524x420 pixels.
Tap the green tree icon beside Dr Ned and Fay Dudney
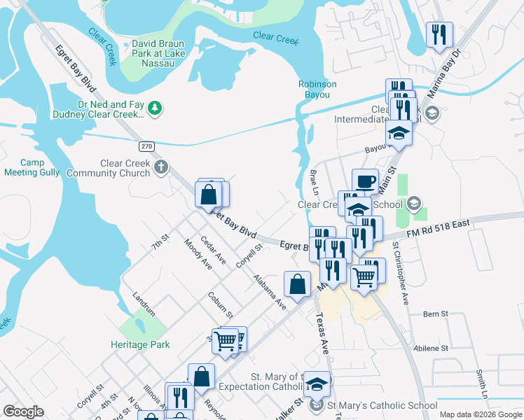[156, 108]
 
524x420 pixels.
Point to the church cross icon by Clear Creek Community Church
[161, 167]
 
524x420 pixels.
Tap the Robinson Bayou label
[317, 89]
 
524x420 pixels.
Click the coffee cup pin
[364, 181]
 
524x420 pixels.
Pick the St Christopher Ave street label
[401, 274]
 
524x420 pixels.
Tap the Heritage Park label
[140, 344]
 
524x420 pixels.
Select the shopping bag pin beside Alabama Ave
[297, 284]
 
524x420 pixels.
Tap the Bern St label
[435, 314]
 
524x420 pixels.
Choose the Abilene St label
[430, 348]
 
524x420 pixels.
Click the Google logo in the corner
[23, 412]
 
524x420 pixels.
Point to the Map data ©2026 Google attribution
[480, 414]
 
